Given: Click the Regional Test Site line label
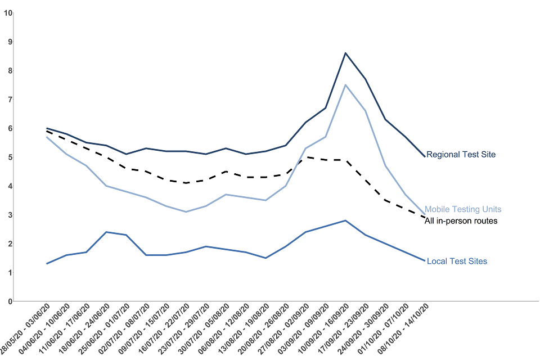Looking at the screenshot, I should [x=461, y=154].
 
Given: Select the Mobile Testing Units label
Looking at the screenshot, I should [x=462, y=209].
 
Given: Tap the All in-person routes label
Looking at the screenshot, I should [x=461, y=221].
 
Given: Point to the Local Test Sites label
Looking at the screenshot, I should [x=457, y=261].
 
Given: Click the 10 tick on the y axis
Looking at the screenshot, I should [x=7, y=13].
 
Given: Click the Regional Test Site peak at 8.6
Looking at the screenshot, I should [x=345, y=53].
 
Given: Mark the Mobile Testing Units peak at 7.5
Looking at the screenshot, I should [x=345, y=85].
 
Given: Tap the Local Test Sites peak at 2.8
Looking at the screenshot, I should [x=345, y=220].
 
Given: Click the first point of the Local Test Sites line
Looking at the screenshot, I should [x=47, y=263].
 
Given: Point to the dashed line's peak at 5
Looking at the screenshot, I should [x=305, y=157].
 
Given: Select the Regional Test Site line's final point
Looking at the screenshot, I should [x=425, y=156].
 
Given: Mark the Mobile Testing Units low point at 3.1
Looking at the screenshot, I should [x=186, y=211].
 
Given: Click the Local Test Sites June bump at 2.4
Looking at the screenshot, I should [x=106, y=232].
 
